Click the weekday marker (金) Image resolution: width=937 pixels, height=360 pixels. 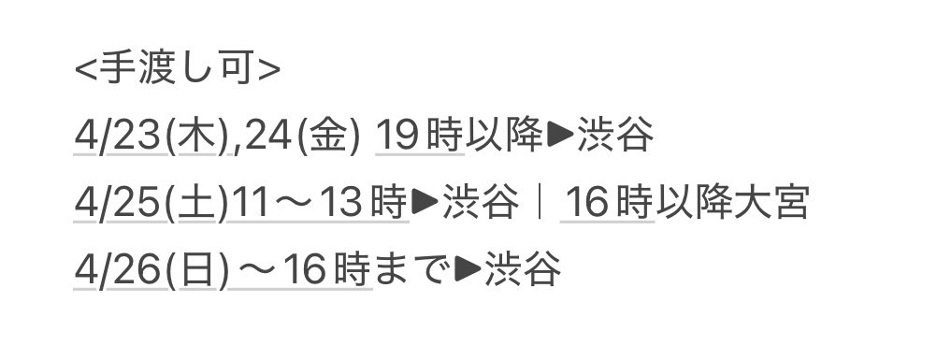327,139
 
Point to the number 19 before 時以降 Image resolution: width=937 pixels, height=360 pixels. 396,139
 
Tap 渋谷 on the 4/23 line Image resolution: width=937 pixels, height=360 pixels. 615,139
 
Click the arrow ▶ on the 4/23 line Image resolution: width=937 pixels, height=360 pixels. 559,139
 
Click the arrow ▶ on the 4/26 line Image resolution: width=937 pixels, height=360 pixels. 467,271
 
